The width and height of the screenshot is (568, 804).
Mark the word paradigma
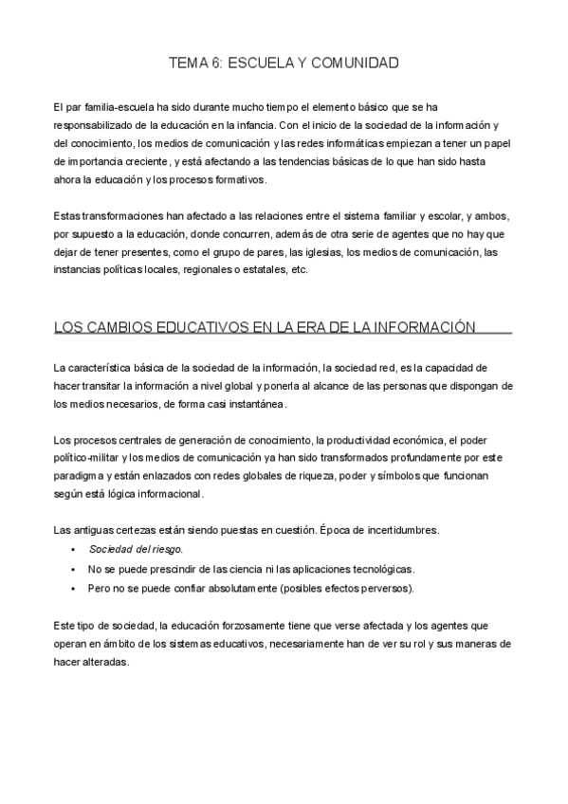[83, 476]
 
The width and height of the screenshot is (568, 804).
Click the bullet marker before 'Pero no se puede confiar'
[73, 589]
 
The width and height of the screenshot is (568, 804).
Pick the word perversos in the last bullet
[386, 589]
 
